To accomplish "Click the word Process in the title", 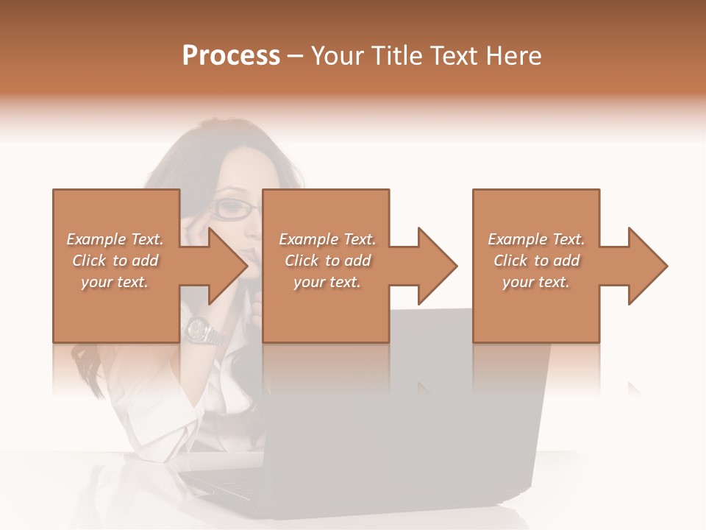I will tap(231, 56).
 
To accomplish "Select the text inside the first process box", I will tap(115, 261).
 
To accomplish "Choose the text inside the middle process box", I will tap(327, 261).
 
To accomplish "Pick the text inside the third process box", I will tap(536, 261).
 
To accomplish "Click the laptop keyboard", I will tap(221, 482).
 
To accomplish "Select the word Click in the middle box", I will tap(301, 261).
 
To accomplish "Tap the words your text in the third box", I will tap(536, 282).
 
